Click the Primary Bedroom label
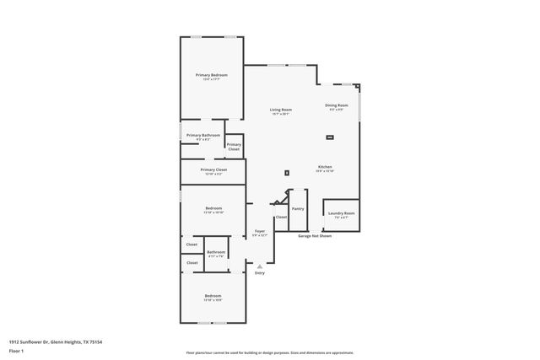pyautogui.click(x=212, y=75)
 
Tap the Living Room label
pyautogui.click(x=280, y=110)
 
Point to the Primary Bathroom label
pyautogui.click(x=203, y=135)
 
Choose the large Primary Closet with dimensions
pyautogui.click(x=213, y=169)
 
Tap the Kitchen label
pyautogui.click(x=325, y=167)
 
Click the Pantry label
pyautogui.click(x=297, y=208)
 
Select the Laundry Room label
pyautogui.click(x=341, y=213)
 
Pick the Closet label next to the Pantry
pyautogui.click(x=281, y=217)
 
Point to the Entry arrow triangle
pyautogui.click(x=260, y=266)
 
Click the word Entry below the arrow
pyautogui.click(x=260, y=273)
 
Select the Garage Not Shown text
pyautogui.click(x=315, y=236)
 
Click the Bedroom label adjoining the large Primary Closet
pyautogui.click(x=213, y=208)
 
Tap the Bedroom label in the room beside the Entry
pyautogui.click(x=213, y=295)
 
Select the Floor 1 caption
pyautogui.click(x=16, y=351)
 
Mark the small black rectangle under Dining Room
pyautogui.click(x=329, y=137)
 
